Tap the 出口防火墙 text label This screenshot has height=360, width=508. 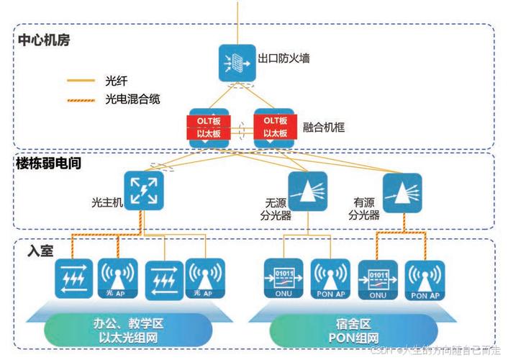(x=285, y=58)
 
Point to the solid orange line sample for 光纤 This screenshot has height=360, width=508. (x=81, y=81)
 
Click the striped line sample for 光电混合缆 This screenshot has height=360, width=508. (x=81, y=99)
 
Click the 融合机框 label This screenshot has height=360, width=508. (x=325, y=127)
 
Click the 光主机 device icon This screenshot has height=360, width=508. (x=144, y=190)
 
